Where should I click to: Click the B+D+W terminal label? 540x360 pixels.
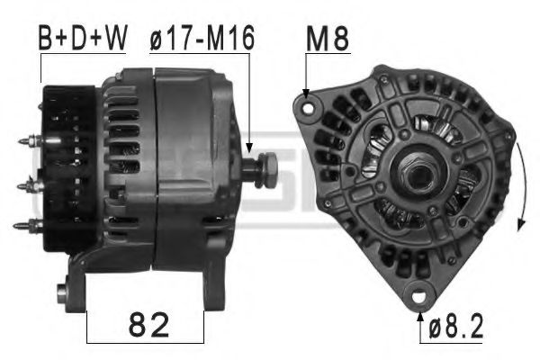[x=82, y=38]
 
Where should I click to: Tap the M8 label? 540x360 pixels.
[x=328, y=38]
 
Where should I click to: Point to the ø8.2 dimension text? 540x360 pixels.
[x=456, y=325]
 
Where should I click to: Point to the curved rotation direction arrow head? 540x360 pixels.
[x=519, y=224]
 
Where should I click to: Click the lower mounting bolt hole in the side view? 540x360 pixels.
[x=62, y=292]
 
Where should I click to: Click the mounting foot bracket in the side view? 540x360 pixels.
[x=81, y=279]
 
